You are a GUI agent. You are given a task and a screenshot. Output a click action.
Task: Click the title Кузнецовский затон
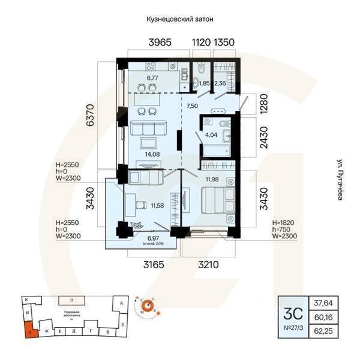(x=180, y=19)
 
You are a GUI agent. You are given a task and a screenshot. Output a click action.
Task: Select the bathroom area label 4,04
(x=211, y=135)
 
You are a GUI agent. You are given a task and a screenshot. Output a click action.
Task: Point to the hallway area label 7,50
(x=191, y=106)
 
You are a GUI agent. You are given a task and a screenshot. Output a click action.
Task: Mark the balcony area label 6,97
(x=153, y=238)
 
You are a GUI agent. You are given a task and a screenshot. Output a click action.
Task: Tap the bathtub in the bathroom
(x=218, y=148)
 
